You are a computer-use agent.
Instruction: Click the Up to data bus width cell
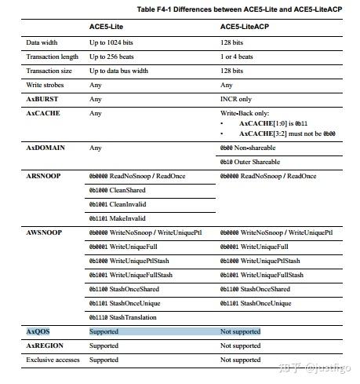pyautogui.click(x=123, y=71)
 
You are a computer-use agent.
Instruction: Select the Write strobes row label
pyautogui.click(x=45, y=85)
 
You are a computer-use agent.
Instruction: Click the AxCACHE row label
pyautogui.click(x=43, y=113)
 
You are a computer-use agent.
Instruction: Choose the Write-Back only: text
pyautogui.click(x=246, y=114)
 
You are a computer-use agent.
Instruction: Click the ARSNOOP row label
pyautogui.click(x=44, y=176)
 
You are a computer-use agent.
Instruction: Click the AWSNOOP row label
pyautogui.click(x=44, y=233)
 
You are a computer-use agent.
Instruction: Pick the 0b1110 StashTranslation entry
pyautogui.click(x=123, y=317)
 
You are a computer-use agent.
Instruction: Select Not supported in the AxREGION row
pyautogui.click(x=240, y=346)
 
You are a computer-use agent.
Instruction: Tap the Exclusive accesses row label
pyautogui.click(x=52, y=360)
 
